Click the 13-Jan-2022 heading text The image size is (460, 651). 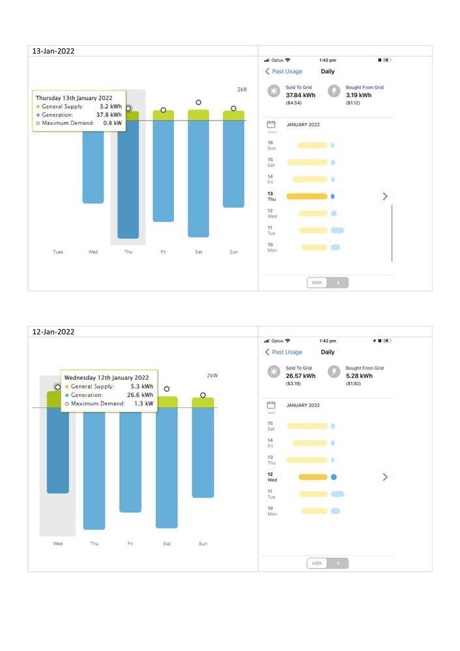[53, 51]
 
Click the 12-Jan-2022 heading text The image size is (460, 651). [53, 332]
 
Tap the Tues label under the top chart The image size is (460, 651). [58, 252]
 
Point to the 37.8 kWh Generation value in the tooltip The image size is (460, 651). [110, 114]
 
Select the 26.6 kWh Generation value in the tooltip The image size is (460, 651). [141, 395]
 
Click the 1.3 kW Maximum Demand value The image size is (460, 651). [147, 403]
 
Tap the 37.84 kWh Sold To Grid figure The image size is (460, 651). [300, 95]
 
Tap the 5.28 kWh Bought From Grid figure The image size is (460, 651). [359, 376]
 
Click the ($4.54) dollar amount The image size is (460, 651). [293, 103]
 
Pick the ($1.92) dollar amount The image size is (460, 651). [353, 384]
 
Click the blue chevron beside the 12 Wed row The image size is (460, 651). [385, 477]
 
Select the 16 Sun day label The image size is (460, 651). [271, 145]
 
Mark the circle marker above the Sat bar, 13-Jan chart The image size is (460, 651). [198, 102]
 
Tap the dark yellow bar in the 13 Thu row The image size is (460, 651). [306, 196]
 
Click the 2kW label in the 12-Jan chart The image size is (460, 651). [212, 375]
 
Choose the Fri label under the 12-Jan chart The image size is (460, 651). [130, 543]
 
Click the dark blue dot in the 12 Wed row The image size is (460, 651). [334, 477]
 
